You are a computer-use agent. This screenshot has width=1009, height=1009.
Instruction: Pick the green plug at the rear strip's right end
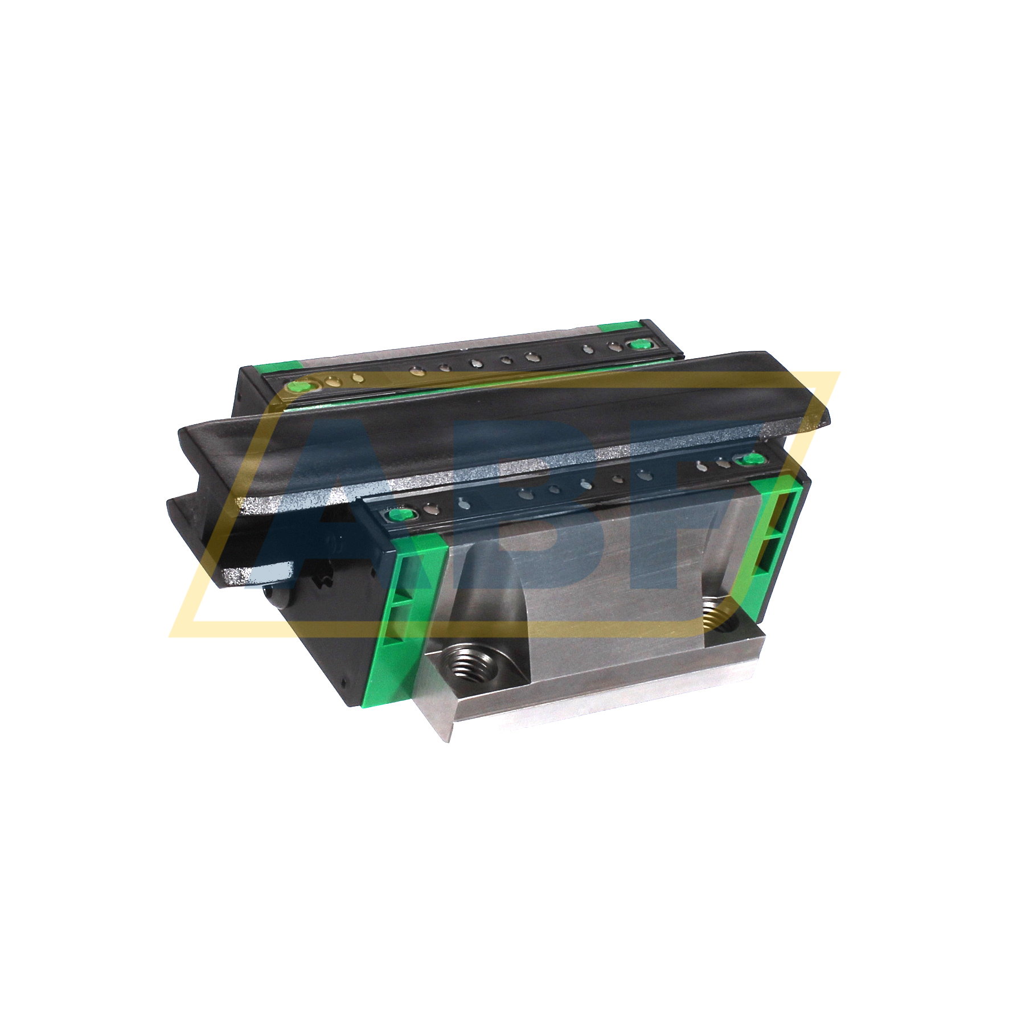pos(638,343)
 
